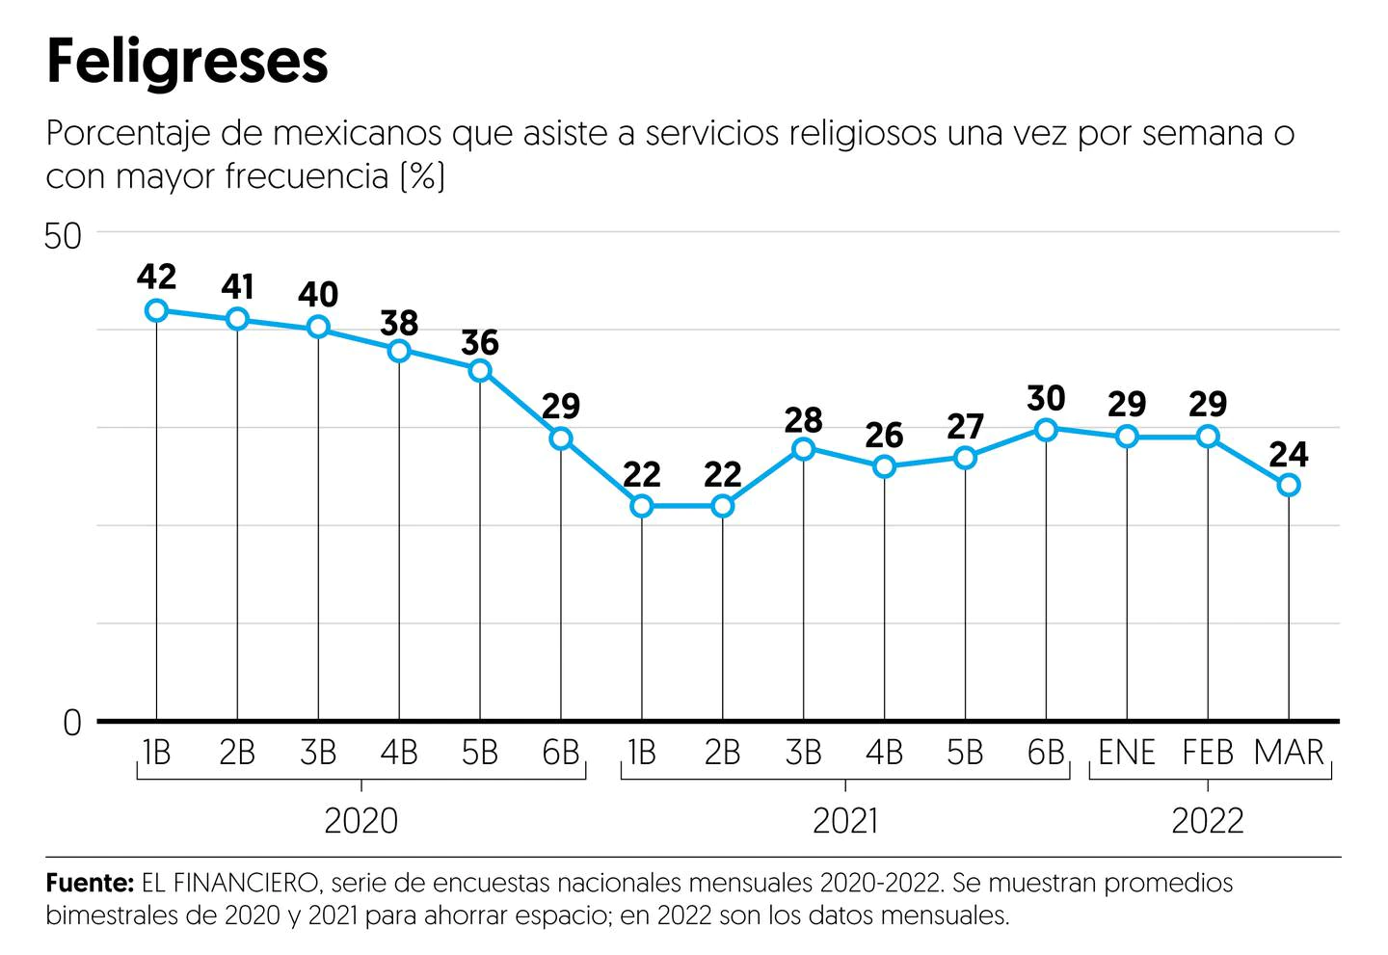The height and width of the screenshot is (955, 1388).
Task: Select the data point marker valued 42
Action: point(156,310)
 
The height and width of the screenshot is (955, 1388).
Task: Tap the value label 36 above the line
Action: point(480,342)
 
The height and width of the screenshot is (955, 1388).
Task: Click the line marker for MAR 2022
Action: point(1289,485)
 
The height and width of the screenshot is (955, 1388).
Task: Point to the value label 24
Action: point(1289,454)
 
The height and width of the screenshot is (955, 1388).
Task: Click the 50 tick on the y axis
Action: point(64,236)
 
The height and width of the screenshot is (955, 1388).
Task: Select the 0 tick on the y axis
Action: point(72,723)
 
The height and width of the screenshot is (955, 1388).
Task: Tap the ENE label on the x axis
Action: point(1126,753)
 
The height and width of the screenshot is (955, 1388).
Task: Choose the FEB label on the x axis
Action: point(1207,753)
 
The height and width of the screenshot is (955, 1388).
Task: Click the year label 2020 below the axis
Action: point(360,821)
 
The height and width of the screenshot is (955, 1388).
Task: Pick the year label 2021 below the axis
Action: point(845,821)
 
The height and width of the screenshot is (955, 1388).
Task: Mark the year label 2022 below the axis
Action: point(1208,821)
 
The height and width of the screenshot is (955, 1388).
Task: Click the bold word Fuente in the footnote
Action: point(89,883)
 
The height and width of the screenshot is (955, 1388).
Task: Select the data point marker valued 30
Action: point(1046,429)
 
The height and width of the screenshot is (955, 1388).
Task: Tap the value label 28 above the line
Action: point(803,420)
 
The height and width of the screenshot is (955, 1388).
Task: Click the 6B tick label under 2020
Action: point(560,753)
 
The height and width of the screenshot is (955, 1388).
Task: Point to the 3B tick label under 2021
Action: point(803,753)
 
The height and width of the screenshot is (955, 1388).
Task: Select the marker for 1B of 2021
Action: point(642,506)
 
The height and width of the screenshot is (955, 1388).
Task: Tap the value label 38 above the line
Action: point(399,322)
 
